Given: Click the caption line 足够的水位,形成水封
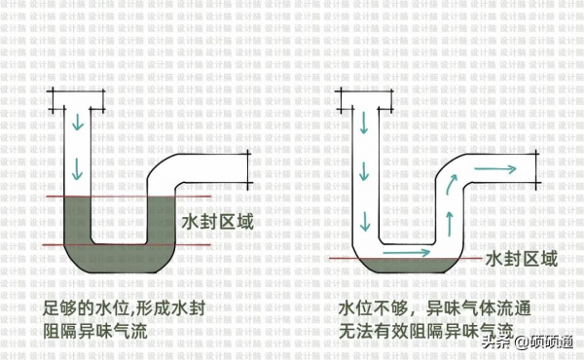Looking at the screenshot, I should click(x=125, y=308).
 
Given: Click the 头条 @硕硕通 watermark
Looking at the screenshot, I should click(x=533, y=342).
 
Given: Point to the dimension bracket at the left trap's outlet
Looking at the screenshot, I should click(x=250, y=169).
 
